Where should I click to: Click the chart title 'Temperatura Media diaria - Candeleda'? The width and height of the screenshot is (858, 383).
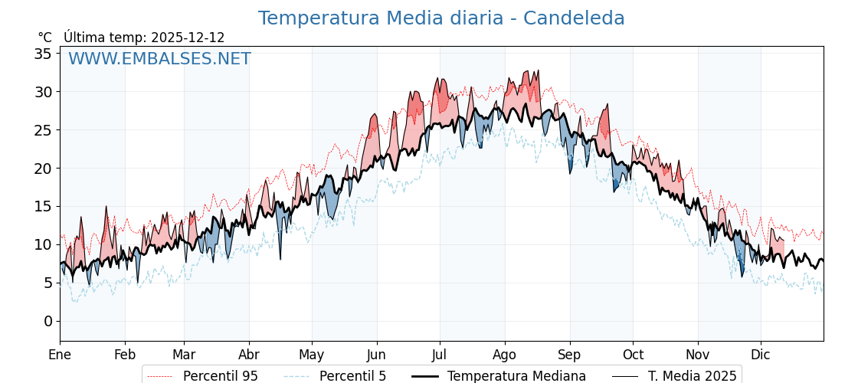tap(441, 18)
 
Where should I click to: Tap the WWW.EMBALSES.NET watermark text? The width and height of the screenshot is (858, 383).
tap(159, 59)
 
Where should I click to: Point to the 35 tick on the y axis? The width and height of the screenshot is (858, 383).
tap(43, 54)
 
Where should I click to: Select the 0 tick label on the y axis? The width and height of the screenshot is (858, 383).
tap(47, 321)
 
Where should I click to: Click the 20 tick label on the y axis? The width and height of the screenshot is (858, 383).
tap(43, 169)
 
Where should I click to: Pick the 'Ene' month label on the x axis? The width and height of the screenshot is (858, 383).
tap(60, 355)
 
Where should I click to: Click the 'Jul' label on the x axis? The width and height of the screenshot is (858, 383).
tap(440, 355)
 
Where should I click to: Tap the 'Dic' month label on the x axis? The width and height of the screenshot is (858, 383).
tap(761, 355)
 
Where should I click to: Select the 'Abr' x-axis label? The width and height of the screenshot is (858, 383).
tap(249, 355)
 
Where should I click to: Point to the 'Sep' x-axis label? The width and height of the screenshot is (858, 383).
tap(570, 355)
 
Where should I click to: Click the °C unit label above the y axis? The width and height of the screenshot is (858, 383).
tap(45, 38)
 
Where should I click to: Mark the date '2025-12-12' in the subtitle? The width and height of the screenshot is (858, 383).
tap(188, 38)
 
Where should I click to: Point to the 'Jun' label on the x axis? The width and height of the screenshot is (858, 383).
tap(376, 355)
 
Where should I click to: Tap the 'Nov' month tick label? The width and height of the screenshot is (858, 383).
tap(698, 355)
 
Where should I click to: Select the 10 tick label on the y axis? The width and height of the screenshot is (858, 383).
tap(43, 245)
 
